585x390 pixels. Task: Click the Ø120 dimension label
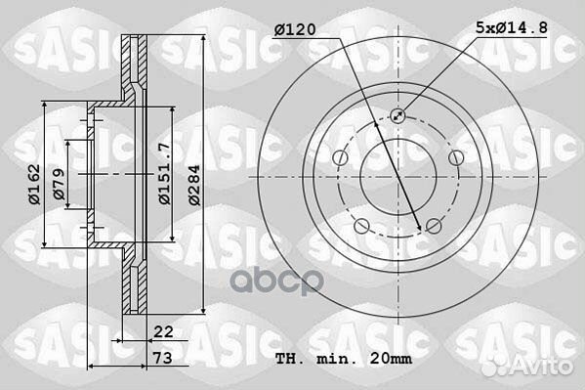point(295,29)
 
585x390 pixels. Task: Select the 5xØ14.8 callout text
point(512,27)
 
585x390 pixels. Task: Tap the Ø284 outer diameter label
point(194,185)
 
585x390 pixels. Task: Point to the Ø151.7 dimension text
point(164,173)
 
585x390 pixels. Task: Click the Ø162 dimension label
point(34,184)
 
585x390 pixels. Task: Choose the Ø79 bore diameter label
point(59,184)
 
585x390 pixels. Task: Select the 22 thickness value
point(163,331)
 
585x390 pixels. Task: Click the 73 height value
point(163,358)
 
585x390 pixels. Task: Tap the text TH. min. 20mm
point(344,359)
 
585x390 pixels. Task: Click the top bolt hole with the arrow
point(397,115)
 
